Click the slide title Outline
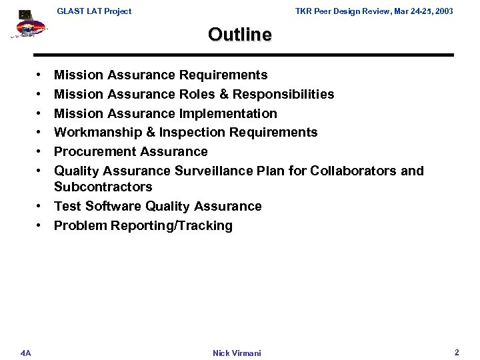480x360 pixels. (239, 34)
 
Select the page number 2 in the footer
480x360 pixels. (457, 351)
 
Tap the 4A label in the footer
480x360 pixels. (25, 352)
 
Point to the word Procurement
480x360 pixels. (93, 151)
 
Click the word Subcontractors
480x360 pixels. (103, 187)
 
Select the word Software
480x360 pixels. (110, 206)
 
